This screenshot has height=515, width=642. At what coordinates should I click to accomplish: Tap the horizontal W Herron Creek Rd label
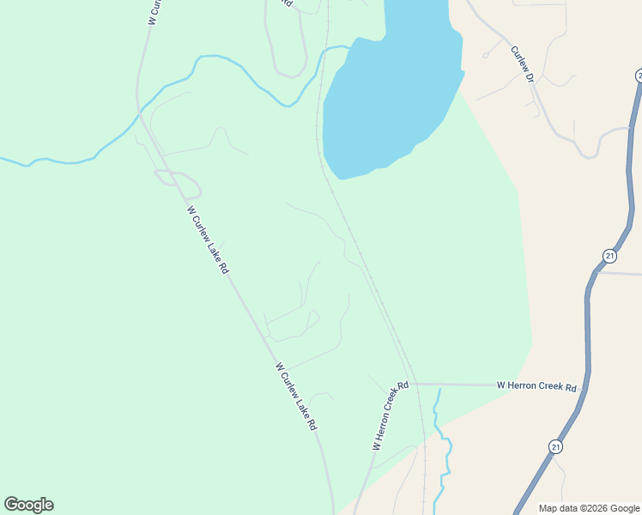tap(536, 387)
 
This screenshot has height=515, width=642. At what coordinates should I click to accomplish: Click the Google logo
tap(28, 505)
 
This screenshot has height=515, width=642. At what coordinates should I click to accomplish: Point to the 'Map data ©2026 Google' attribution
tap(589, 508)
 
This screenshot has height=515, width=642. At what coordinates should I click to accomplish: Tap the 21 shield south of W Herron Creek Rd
tap(556, 446)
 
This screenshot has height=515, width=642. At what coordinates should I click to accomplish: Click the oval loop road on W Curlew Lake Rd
tap(178, 182)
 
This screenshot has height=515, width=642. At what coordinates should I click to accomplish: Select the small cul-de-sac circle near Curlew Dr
tap(485, 56)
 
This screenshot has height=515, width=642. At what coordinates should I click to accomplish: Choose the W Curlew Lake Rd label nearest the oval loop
tap(208, 239)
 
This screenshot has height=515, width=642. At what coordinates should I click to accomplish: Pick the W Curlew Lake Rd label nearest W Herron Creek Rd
tap(297, 396)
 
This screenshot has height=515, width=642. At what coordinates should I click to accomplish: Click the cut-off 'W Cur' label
tap(154, 11)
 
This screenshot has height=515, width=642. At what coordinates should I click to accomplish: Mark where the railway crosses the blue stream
tap(326, 51)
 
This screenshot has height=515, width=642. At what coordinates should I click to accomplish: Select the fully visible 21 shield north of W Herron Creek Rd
tap(609, 256)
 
